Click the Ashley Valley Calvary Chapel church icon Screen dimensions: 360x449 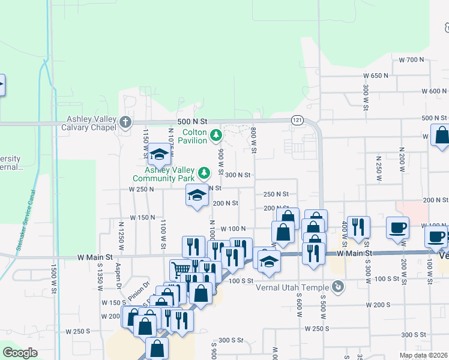click(x=125, y=122)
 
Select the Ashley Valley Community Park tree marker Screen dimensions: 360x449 click(x=205, y=173)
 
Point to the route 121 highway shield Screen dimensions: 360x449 click(x=297, y=120)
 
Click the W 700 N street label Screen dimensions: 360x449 click(x=411, y=60)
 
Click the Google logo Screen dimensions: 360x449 click(x=20, y=353)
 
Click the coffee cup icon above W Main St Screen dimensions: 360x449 click(x=397, y=228)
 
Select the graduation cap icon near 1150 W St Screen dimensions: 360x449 click(x=159, y=155)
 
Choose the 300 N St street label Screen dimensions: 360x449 click(x=237, y=175)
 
